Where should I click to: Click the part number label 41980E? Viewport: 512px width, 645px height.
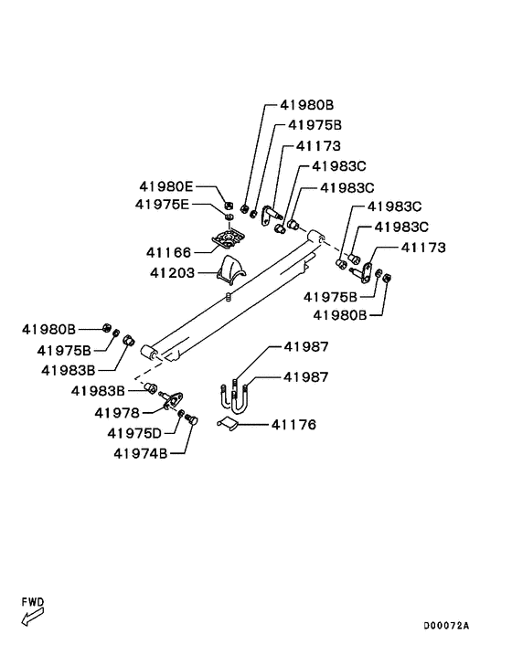click(165, 186)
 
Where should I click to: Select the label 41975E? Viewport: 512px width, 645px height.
click(162, 205)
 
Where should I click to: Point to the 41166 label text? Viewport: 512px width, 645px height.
click(169, 252)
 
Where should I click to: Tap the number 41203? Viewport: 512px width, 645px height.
click(172, 273)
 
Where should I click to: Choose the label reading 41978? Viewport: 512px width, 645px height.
click(117, 413)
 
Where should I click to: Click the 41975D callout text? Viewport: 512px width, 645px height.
click(134, 433)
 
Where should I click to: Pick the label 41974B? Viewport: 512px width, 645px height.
click(141, 454)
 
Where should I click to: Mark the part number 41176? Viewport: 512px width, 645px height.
click(293, 425)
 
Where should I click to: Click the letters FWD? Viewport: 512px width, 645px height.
click(33, 602)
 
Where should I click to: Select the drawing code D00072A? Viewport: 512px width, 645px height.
click(446, 626)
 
